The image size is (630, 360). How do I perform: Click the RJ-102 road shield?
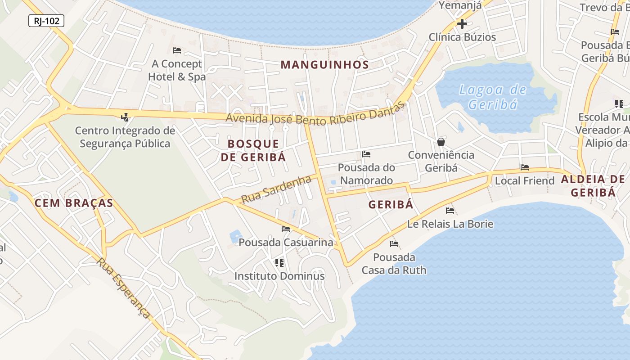46,21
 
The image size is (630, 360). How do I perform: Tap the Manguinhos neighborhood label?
324,65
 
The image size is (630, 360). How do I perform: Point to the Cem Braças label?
74,203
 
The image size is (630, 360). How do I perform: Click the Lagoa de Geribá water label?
493,97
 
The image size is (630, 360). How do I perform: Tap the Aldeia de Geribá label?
593,186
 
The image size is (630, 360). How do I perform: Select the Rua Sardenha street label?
276,189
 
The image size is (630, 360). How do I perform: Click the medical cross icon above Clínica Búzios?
462,24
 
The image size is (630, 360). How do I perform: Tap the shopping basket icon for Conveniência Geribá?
441,142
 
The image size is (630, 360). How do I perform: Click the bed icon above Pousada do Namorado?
366,154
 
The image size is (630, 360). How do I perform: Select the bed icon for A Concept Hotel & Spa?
177,50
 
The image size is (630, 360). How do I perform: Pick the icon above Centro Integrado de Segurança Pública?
125,117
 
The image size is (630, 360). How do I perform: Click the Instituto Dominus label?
279,276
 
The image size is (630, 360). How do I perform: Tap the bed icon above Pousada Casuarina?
286,229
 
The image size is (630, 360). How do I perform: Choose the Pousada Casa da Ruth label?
394,264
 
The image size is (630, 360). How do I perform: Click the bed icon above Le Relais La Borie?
450,210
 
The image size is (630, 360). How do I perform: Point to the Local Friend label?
525,181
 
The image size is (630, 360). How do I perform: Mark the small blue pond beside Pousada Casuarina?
235,236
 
